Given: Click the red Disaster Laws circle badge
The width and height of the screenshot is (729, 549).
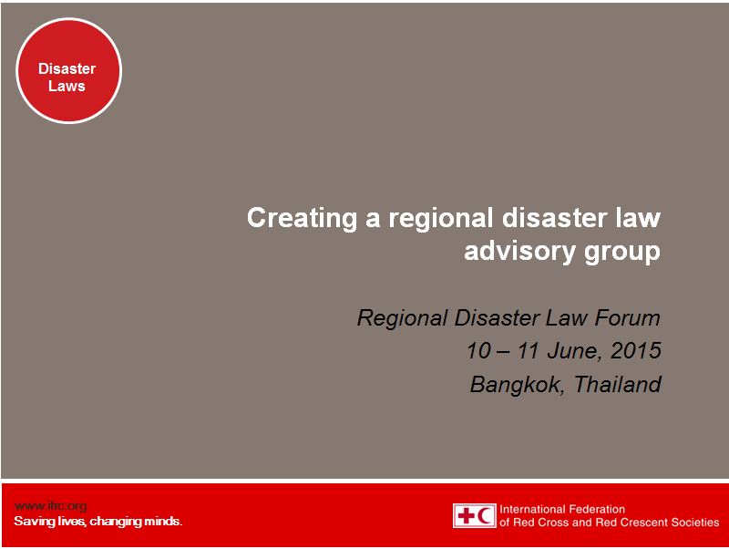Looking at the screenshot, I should coord(69,69).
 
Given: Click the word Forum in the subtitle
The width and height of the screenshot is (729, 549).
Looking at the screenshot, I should coord(629,318).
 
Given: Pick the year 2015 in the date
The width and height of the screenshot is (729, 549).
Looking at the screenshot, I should coord(636,351).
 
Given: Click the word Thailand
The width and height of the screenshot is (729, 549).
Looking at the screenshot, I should coord(617,384).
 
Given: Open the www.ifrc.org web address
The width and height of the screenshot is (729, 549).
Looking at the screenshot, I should coord(50,506).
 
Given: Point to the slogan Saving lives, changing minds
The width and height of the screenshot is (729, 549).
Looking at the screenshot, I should coord(98,522).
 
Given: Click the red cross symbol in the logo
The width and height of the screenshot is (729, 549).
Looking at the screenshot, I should coord(466,515).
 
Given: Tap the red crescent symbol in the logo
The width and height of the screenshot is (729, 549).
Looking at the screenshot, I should coord(485,515).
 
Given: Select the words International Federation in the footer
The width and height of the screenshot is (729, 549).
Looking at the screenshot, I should coord(563,509).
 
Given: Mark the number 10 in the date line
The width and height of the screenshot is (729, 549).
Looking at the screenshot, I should coord(478,351).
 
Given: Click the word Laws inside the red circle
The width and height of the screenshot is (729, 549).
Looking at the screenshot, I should coord(67,87).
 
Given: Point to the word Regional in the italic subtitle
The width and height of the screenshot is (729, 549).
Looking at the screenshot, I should coord(399,318).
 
